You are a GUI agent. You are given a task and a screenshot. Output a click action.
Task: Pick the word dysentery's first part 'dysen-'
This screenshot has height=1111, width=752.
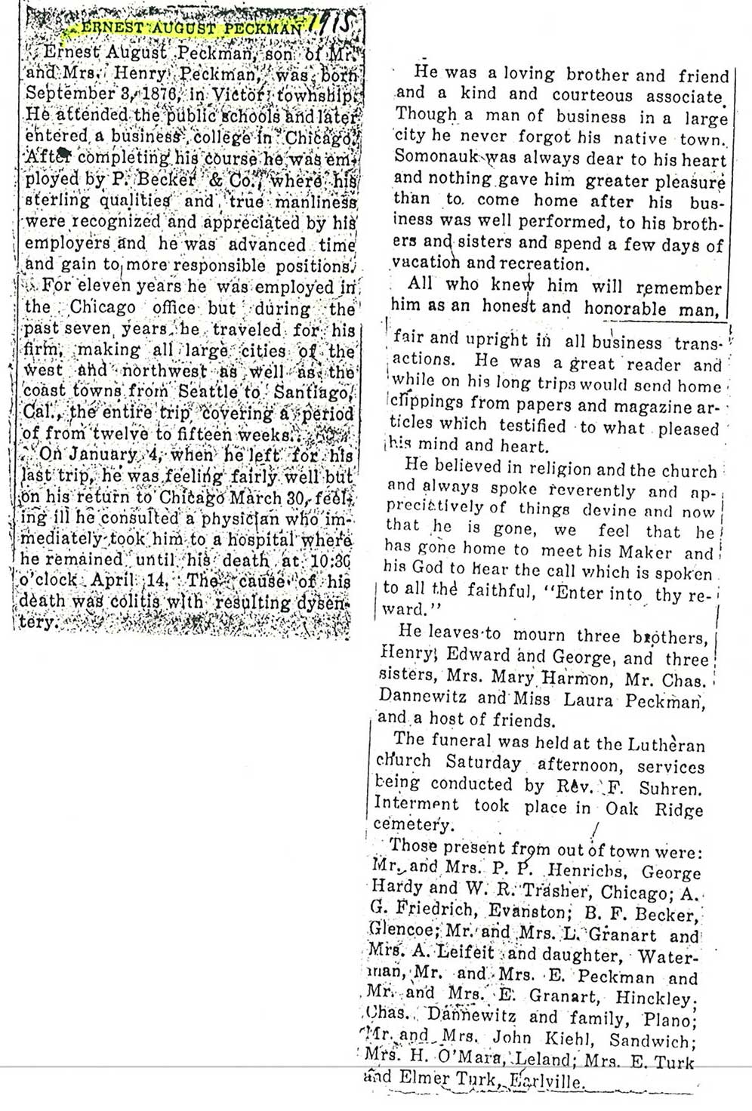coord(322,602)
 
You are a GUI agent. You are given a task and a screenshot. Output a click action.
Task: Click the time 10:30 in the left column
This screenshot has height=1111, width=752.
coord(336,561)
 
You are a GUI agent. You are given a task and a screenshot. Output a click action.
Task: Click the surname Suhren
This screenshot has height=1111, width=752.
coord(670,789)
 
